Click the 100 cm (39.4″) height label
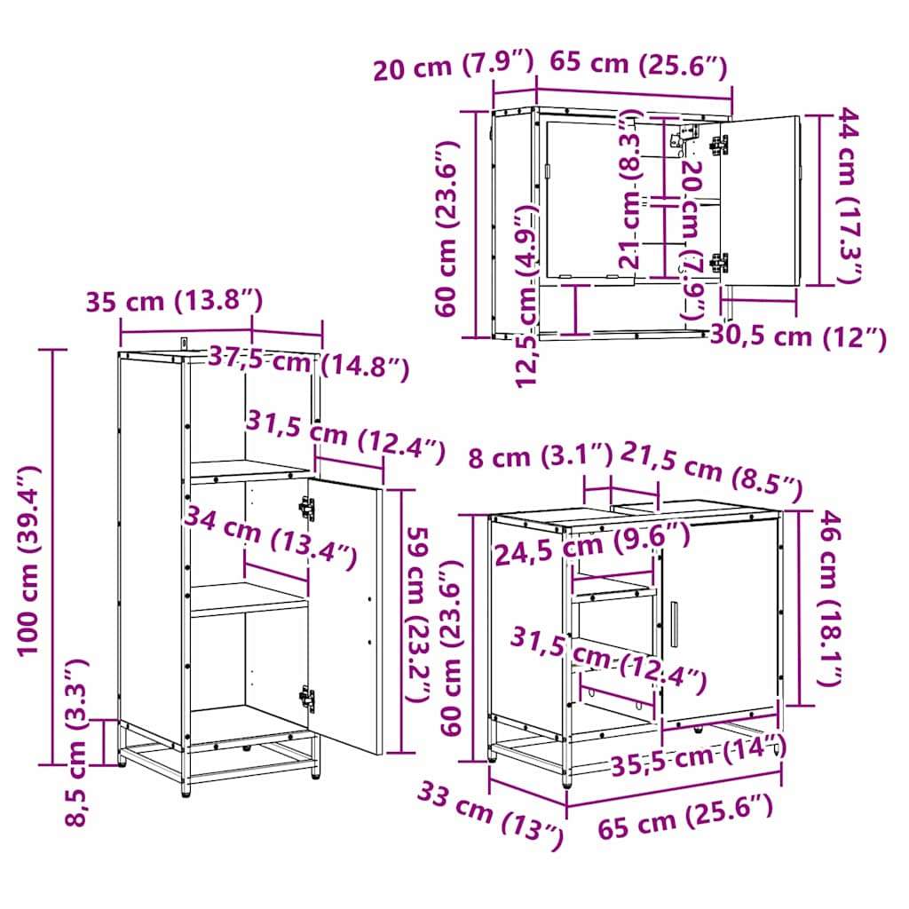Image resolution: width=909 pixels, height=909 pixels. [29, 560]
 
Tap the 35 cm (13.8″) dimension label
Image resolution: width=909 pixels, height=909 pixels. [175, 302]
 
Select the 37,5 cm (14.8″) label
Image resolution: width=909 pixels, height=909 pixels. [308, 363]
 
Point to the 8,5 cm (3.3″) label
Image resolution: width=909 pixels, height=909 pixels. [76, 743]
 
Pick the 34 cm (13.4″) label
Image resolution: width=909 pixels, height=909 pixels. [270, 537]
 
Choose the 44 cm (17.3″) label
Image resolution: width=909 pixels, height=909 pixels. [847, 195]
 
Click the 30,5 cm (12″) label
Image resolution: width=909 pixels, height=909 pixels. [798, 337]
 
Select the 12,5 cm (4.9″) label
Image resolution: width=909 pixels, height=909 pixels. [528, 296]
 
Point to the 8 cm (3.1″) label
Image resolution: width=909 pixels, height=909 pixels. [541, 456]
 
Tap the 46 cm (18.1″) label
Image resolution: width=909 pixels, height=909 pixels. [830, 598]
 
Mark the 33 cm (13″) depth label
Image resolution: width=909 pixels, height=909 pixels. [490, 817]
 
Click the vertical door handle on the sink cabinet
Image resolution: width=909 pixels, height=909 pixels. [675, 624]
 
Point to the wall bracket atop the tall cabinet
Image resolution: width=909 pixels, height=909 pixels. [184, 344]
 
